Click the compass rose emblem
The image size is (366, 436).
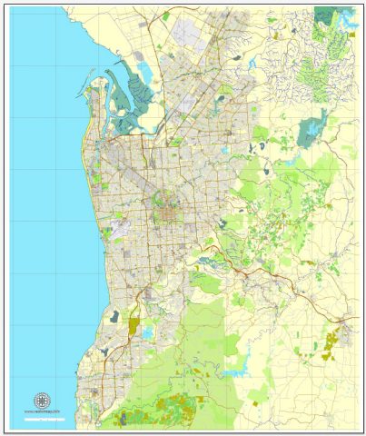click(x=41, y=401)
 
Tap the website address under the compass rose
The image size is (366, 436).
click(x=41, y=412)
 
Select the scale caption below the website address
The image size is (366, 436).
click(x=41, y=419)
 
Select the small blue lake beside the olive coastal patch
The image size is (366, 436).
click(x=148, y=332)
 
